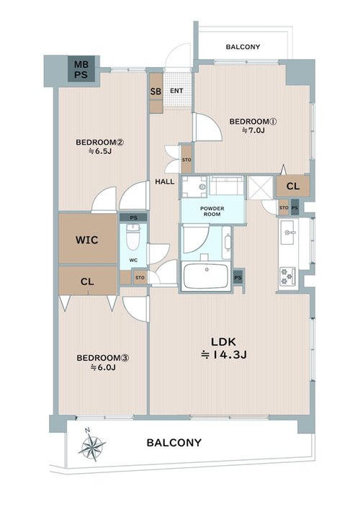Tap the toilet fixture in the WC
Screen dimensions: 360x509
[x=132, y=237]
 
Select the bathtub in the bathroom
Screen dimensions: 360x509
[x=206, y=276]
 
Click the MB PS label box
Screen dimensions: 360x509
[x=81, y=68]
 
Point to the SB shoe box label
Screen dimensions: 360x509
[x=156, y=91]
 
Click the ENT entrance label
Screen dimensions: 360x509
[x=176, y=91]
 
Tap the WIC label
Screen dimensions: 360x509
[x=86, y=240]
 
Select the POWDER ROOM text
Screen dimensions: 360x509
[x=212, y=212]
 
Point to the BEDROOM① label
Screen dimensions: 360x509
[x=253, y=122]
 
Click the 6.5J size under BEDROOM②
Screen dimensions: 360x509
[x=100, y=151]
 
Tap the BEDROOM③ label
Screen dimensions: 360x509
[x=103, y=358]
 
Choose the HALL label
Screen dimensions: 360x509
[x=165, y=181]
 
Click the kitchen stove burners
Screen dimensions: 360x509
[x=287, y=276]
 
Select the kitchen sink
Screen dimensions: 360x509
[x=287, y=233]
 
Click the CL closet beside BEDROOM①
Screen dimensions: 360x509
[x=293, y=186]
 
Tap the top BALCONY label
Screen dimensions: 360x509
[x=243, y=47]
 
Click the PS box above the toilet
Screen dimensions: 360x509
[x=133, y=218]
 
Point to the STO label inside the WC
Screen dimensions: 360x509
[x=140, y=278]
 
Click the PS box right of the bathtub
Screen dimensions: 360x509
[x=238, y=278]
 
